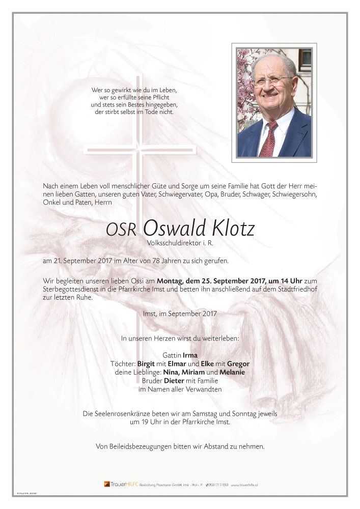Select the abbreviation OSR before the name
[121, 230]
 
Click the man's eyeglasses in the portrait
[274, 81]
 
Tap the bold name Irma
[190, 355]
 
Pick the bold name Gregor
[238, 363]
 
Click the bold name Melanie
[232, 372]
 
